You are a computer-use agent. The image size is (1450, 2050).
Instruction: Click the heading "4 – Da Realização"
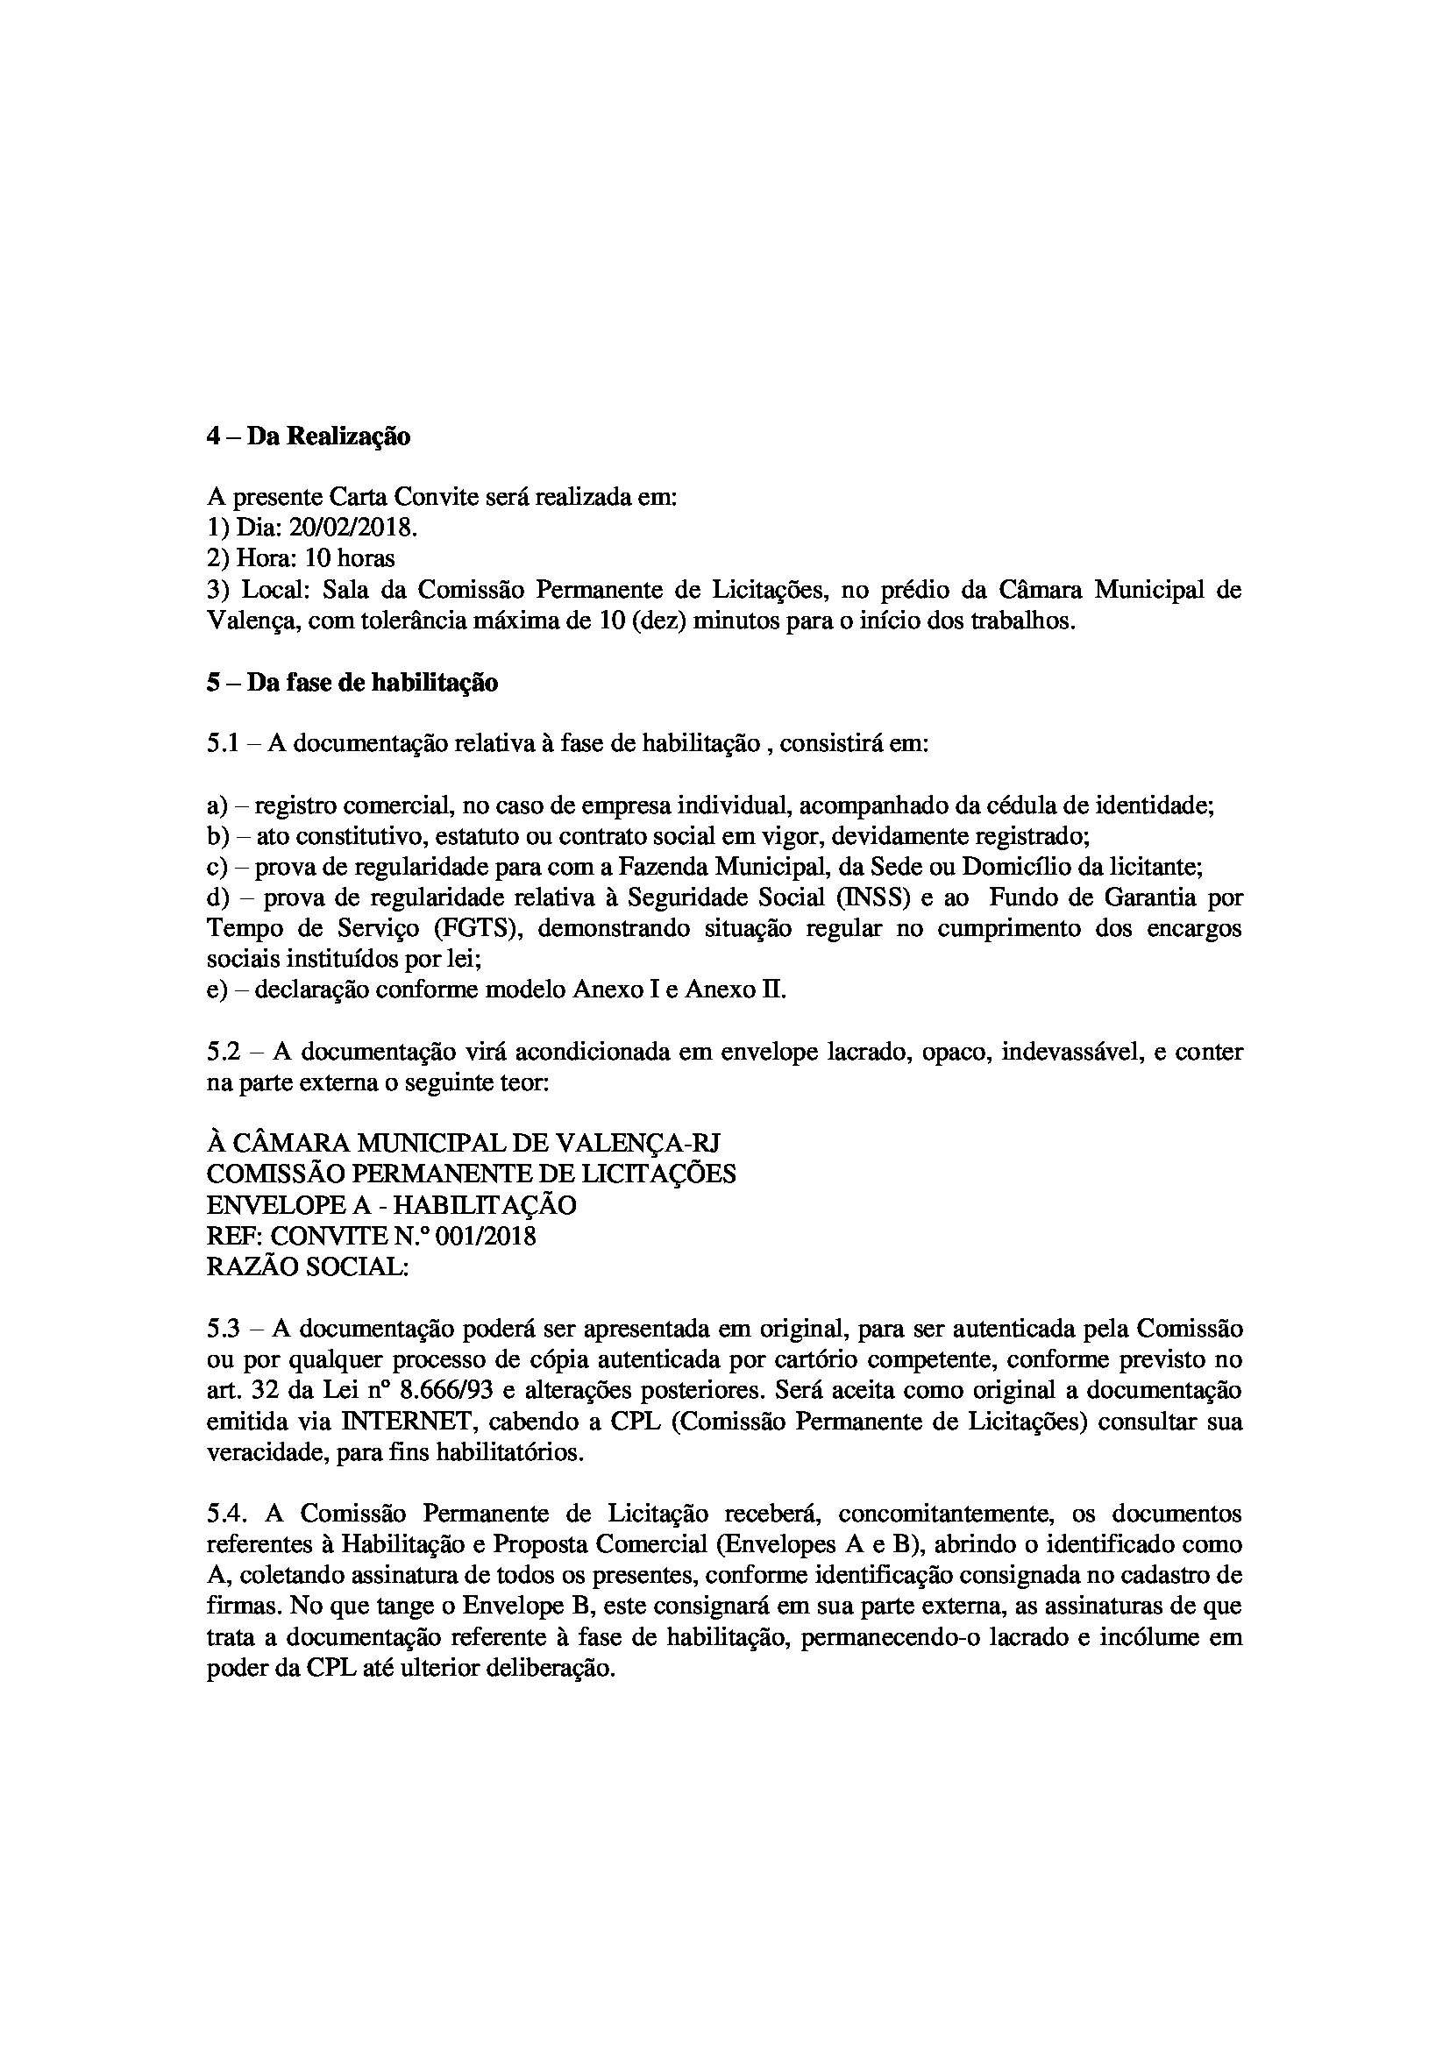[308, 436]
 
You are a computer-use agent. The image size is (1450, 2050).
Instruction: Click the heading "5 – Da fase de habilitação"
[352, 683]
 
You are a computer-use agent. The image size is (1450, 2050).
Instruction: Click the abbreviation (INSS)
[872, 897]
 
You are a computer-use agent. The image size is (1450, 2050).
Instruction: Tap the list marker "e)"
[217, 990]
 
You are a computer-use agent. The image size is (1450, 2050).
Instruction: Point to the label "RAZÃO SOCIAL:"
[307, 1268]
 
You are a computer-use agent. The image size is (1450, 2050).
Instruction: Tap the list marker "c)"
[217, 867]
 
